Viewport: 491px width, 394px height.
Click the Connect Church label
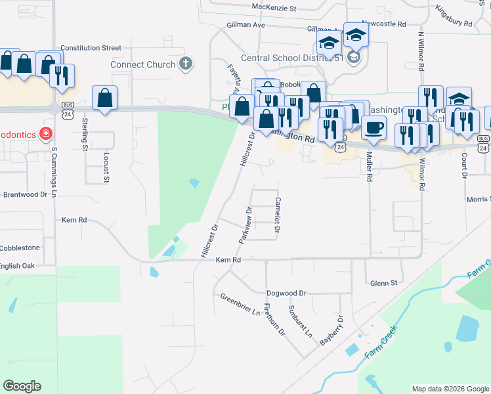point(142,65)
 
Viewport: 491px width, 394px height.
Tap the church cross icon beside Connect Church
point(186,64)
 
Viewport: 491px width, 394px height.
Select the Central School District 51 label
point(292,57)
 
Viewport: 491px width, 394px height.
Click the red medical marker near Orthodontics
point(45,135)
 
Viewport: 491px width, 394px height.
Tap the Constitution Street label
point(91,48)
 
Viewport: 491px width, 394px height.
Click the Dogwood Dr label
point(286,293)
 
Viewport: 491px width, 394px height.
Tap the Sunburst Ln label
point(300,320)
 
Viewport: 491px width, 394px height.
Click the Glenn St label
point(384,283)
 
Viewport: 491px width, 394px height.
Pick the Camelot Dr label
point(278,215)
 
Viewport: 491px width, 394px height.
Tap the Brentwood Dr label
point(26,194)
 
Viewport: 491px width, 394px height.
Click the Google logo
point(22,386)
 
